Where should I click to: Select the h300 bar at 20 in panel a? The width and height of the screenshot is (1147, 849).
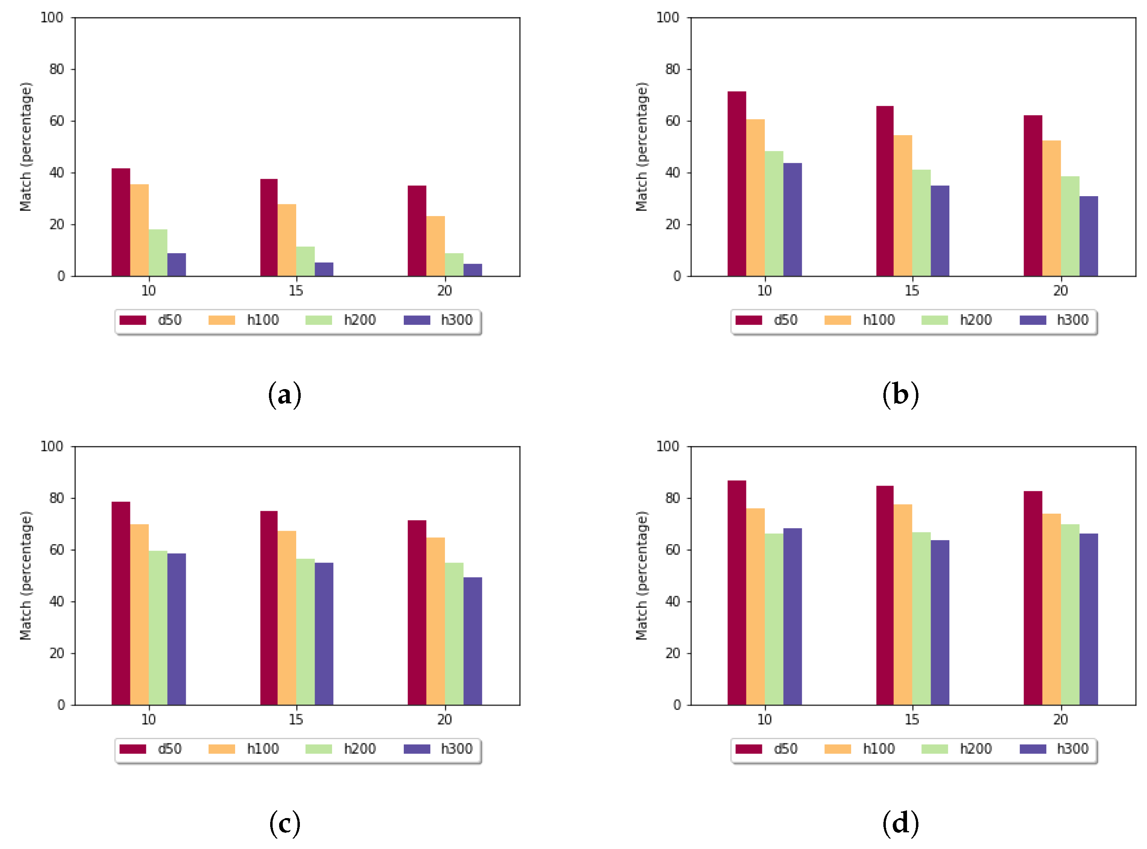point(472,270)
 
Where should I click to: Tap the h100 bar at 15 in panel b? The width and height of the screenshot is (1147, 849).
point(902,206)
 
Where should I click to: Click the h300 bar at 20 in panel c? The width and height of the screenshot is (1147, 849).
point(472,641)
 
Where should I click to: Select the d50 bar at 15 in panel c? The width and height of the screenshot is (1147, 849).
point(269,608)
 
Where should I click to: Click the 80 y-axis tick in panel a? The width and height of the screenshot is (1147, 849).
point(56,69)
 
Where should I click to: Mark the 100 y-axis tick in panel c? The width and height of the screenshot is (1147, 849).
point(51,446)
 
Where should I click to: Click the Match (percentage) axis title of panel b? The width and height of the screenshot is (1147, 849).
point(641,147)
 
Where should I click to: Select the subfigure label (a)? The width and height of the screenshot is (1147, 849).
point(284,395)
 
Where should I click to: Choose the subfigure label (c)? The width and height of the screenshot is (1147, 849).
point(284,823)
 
